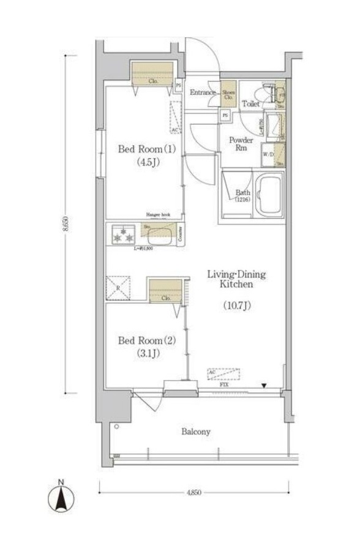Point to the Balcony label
click(x=195, y=432)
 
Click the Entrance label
click(x=203, y=93)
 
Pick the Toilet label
click(x=250, y=104)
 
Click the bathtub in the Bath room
click(x=268, y=195)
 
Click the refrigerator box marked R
click(x=118, y=288)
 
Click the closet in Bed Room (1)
click(x=152, y=74)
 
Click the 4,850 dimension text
click(x=194, y=492)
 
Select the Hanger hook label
click(x=157, y=214)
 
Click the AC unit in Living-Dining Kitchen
click(x=223, y=373)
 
